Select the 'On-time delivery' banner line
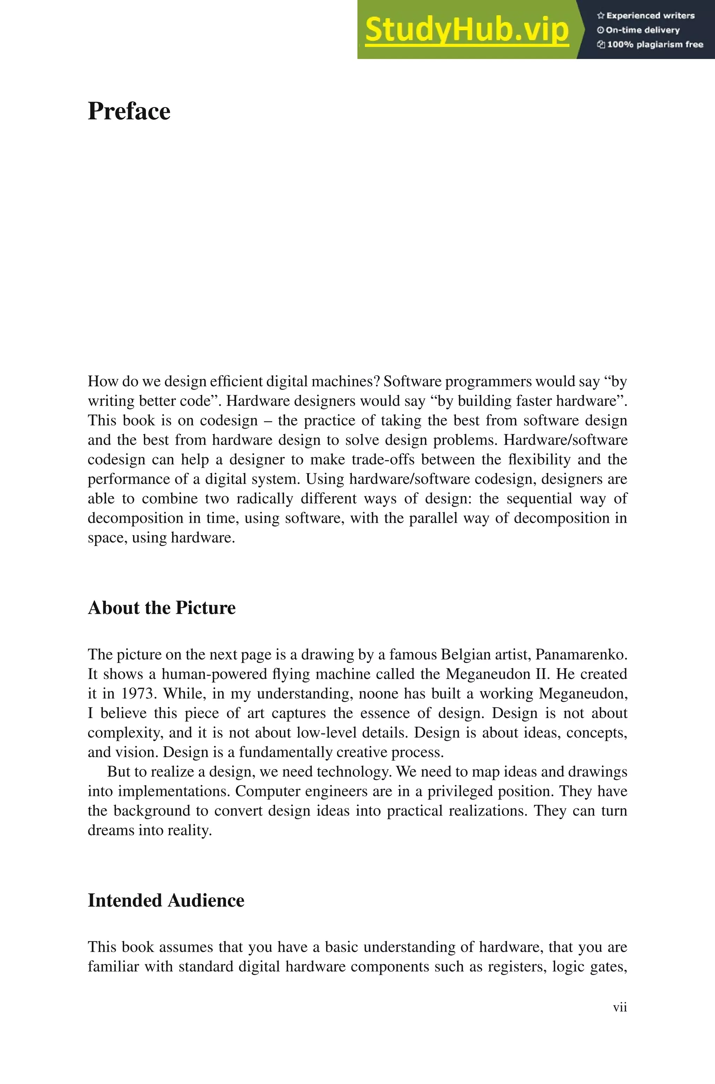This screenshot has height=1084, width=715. coord(639,30)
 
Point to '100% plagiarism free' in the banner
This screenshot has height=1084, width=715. coord(650,45)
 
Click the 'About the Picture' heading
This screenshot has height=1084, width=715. coord(161,608)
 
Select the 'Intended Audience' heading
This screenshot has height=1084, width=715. coord(166,900)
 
